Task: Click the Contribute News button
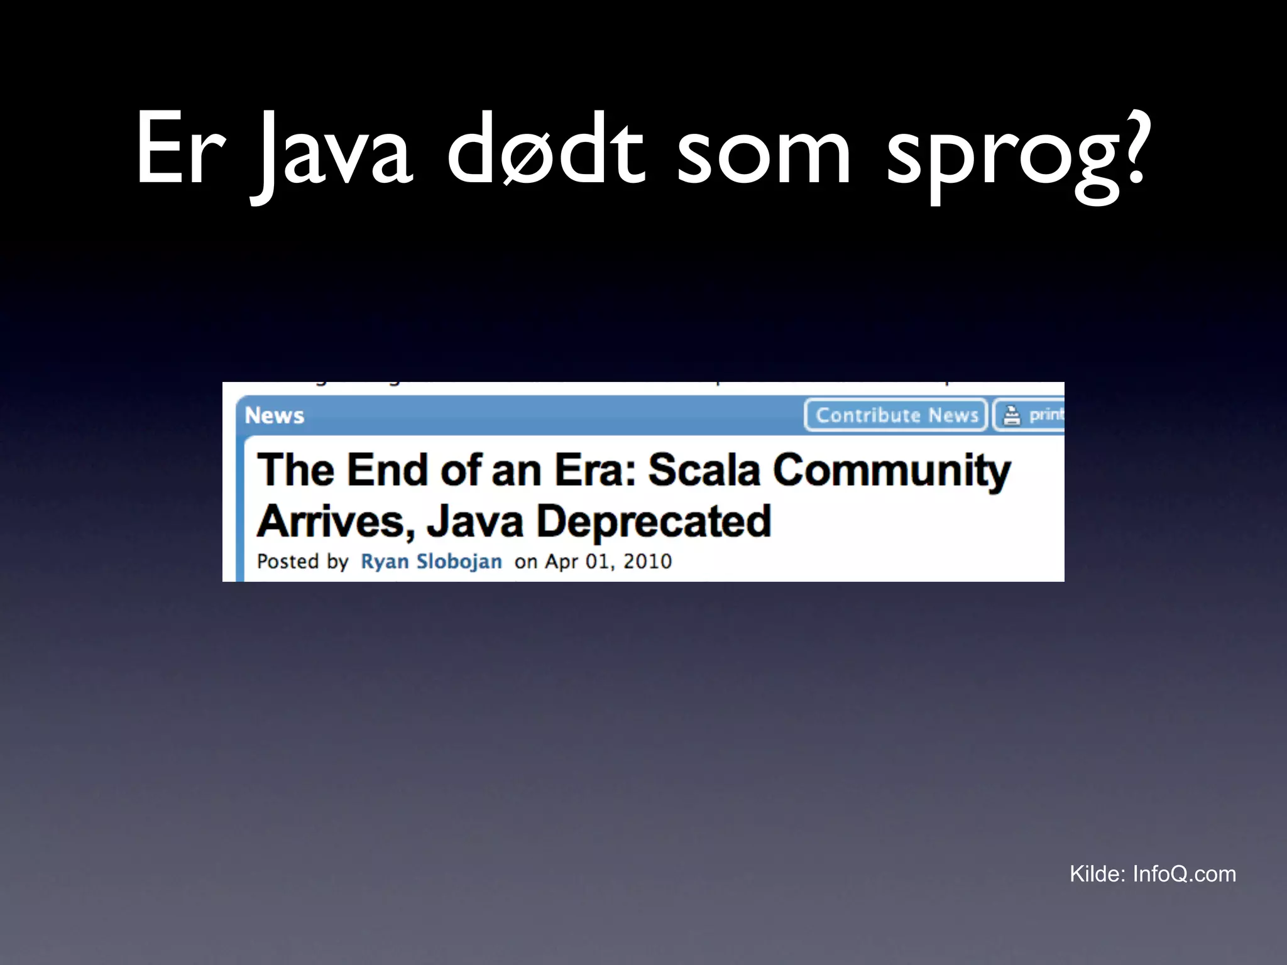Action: click(x=896, y=415)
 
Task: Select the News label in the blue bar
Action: click(x=274, y=415)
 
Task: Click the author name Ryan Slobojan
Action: click(x=431, y=561)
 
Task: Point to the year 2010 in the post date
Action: click(x=647, y=561)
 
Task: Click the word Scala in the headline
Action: click(x=704, y=470)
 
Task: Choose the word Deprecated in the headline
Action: click(x=654, y=522)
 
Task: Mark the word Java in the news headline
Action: click(x=475, y=522)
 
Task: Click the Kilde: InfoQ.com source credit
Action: click(x=1153, y=874)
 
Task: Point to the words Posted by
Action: click(x=302, y=561)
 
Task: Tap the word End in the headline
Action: click(x=388, y=470)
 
